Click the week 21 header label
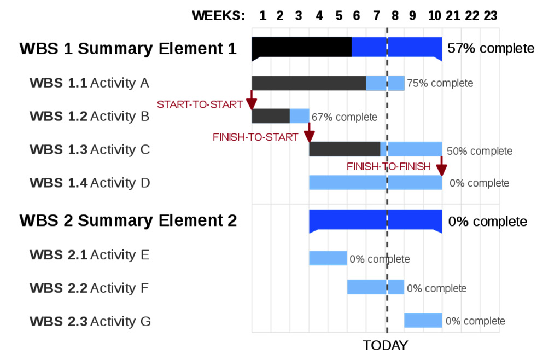[x=453, y=16]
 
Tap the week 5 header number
[x=339, y=16]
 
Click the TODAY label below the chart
[x=386, y=345]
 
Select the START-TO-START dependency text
[x=200, y=104]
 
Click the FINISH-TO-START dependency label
[x=255, y=137]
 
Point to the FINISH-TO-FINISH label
[x=389, y=166]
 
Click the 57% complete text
[x=491, y=48]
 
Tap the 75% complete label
[x=440, y=83]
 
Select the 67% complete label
[x=345, y=117]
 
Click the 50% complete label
[x=480, y=151]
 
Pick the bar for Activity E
[x=328, y=258]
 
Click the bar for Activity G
[x=423, y=321]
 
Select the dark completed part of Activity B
[x=271, y=116]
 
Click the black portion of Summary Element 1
[x=302, y=47]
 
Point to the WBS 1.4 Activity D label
[x=90, y=183]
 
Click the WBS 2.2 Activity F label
[x=89, y=288]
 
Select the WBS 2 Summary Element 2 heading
[x=128, y=220]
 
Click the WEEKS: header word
[x=219, y=16]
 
